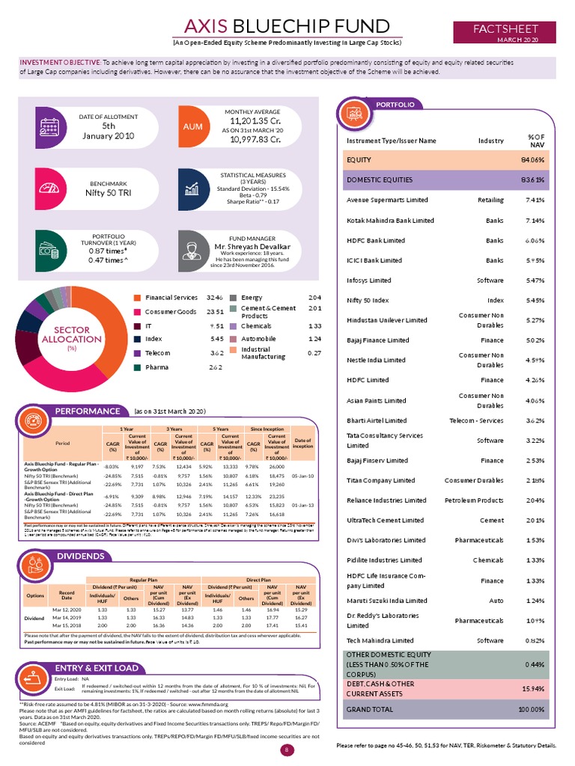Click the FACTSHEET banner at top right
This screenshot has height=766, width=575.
505,30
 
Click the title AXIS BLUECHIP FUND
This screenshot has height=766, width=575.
287,27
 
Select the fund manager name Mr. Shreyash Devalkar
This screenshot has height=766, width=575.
243,246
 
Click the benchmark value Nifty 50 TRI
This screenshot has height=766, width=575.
108,192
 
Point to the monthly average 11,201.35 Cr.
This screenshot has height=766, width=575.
255,120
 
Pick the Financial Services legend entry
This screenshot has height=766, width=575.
171,298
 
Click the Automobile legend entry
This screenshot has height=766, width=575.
259,338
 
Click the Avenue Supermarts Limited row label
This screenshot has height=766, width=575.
387,200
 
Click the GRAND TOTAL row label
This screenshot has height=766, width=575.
369,708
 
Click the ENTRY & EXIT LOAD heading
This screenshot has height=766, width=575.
96,668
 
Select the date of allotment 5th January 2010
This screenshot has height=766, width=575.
109,131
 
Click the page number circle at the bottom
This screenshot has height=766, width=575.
285,750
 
